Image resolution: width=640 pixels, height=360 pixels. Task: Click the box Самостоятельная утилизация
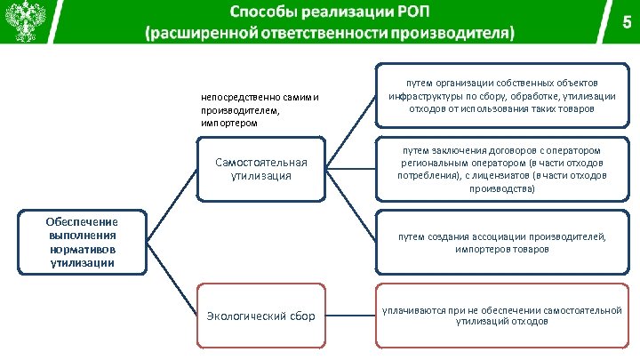261,169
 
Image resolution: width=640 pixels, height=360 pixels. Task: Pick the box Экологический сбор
261,316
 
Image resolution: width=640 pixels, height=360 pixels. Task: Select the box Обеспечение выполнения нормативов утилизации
83,241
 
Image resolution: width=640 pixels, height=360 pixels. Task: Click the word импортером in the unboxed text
229,124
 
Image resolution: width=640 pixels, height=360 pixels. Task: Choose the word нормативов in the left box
83,252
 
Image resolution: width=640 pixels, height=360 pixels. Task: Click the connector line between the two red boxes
351,315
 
